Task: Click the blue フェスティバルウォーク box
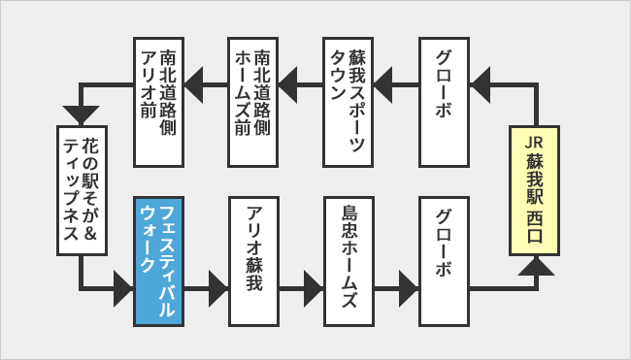click(158, 259)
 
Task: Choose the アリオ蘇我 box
click(254, 259)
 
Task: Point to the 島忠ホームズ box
click(350, 259)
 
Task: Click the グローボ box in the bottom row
click(447, 259)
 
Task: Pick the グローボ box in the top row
click(447, 102)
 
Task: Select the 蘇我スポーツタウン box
click(350, 102)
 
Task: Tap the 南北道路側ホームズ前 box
click(254, 102)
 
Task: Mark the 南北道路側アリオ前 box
click(158, 102)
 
